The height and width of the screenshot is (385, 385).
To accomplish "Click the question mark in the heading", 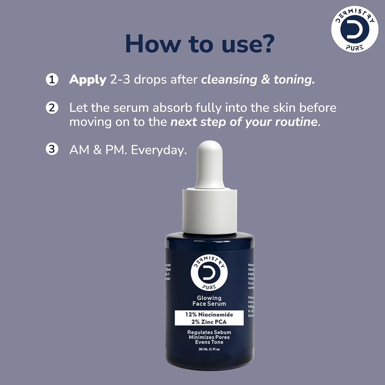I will coord(265,44).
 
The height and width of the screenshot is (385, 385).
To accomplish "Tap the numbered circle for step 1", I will coord(52,80).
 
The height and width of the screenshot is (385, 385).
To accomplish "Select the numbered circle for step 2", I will coord(52,108).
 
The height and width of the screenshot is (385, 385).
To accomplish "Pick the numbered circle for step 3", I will coord(52,149).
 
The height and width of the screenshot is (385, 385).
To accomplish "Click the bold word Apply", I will coord(88,80).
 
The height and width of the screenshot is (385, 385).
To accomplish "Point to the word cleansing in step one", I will coord(229,80).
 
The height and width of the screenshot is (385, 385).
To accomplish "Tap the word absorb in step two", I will coord(172,108).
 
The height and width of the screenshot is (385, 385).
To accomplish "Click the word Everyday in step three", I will coord(159,150).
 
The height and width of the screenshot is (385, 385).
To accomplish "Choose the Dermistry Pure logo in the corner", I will coord(355,29).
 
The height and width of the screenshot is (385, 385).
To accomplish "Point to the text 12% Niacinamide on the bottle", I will coord(209,314).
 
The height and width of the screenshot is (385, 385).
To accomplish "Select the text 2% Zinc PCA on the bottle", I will coord(209,322).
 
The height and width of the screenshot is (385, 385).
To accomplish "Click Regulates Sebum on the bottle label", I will coord(209,332).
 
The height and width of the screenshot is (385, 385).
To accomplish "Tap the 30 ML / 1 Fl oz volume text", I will coord(209,349).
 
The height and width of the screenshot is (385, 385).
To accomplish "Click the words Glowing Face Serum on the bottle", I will coord(209,301).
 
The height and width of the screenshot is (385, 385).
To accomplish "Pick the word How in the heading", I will coord(153,44).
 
